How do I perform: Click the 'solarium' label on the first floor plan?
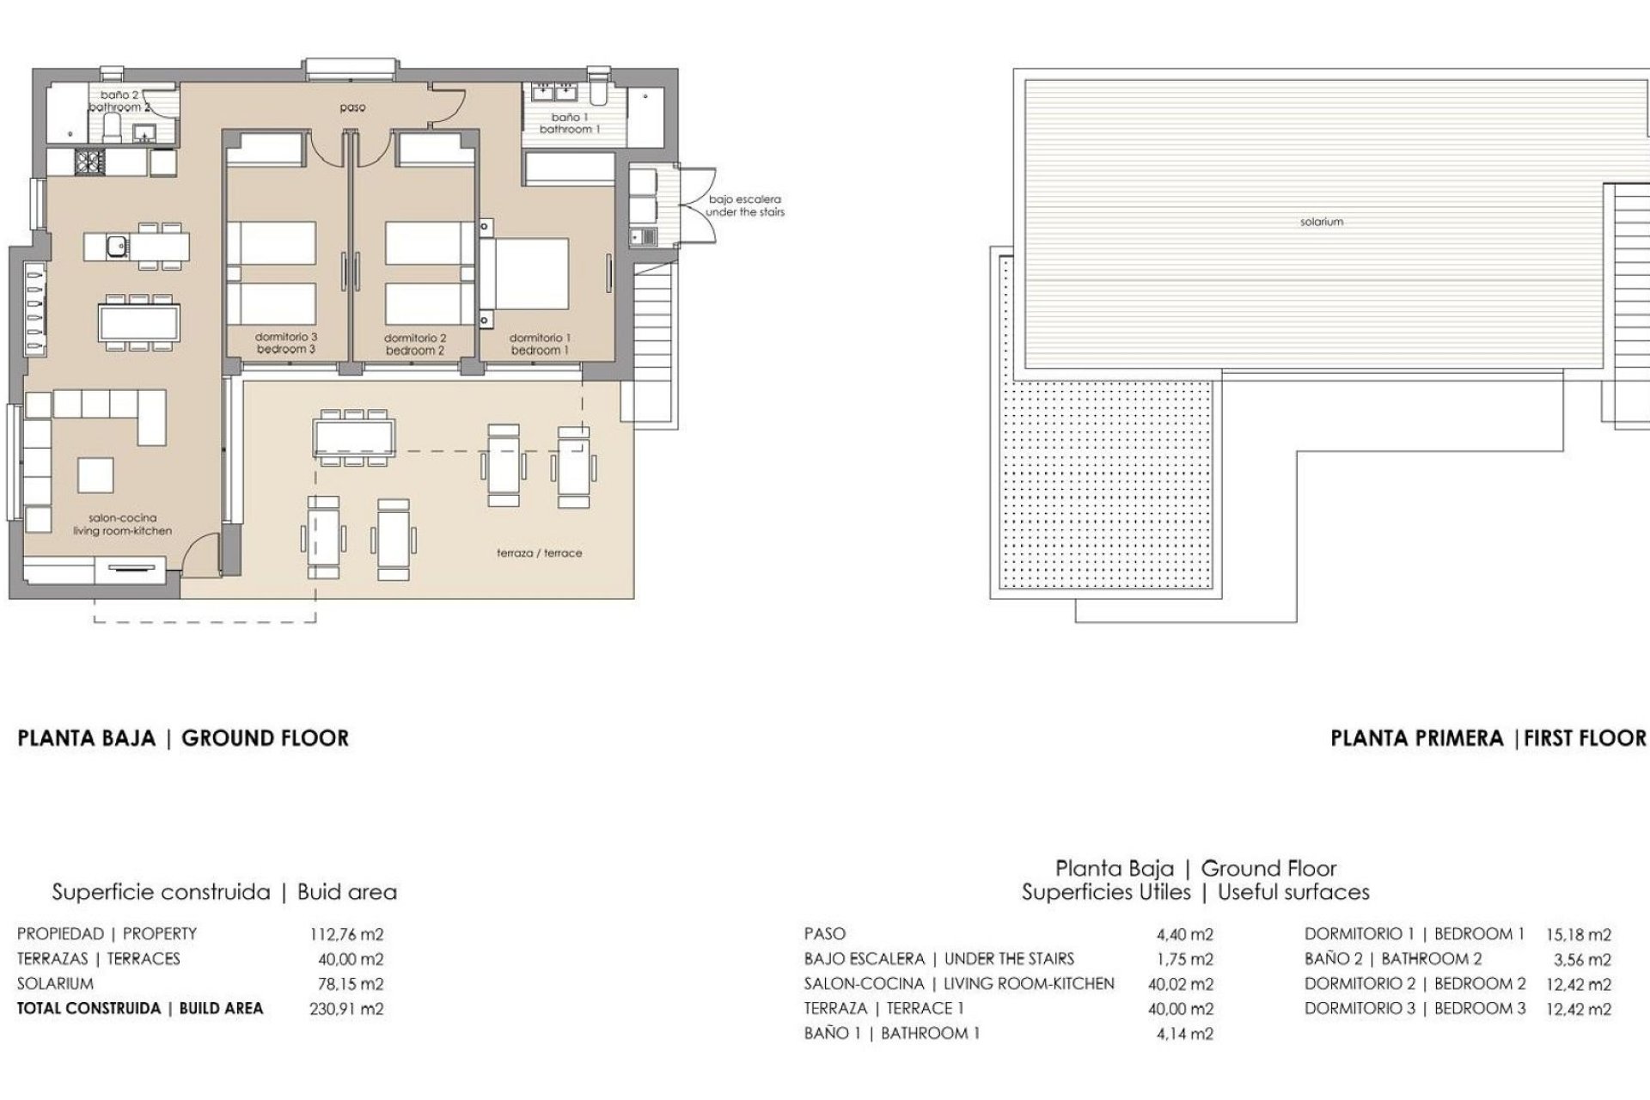pyautogui.click(x=1321, y=222)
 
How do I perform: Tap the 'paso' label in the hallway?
pyautogui.click(x=352, y=107)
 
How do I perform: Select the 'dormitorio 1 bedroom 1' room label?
pyautogui.click(x=540, y=344)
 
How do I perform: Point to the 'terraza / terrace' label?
pyautogui.click(x=539, y=553)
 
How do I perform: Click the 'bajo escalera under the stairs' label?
pyautogui.click(x=744, y=205)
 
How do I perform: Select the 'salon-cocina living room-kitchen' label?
pyautogui.click(x=122, y=524)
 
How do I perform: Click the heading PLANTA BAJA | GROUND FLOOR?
pyautogui.click(x=183, y=737)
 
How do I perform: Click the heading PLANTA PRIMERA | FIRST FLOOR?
pyautogui.click(x=1488, y=737)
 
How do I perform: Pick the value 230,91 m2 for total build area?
pyautogui.click(x=346, y=1009)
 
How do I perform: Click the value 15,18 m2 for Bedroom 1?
pyautogui.click(x=1578, y=934)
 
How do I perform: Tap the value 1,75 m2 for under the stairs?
pyautogui.click(x=1185, y=959)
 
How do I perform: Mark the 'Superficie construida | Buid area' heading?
pyautogui.click(x=224, y=892)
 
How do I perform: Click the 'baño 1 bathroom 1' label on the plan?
pyautogui.click(x=569, y=123)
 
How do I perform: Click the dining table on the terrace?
pyautogui.click(x=355, y=437)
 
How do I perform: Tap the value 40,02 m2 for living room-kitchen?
pyautogui.click(x=1181, y=984)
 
